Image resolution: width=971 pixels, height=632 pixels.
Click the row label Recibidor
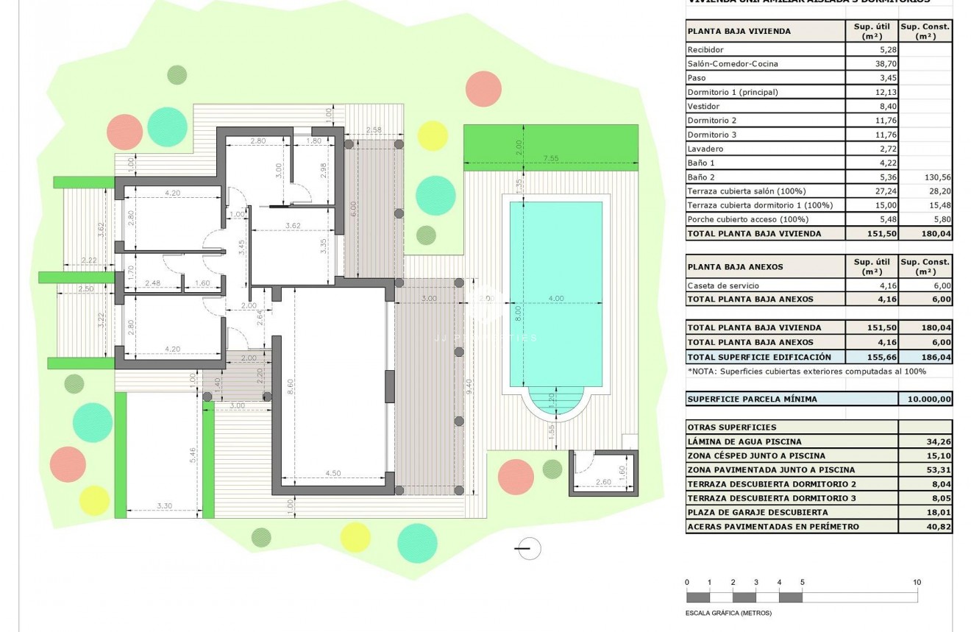[x=705, y=49]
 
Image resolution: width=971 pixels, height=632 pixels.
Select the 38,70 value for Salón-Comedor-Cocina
[x=872, y=64]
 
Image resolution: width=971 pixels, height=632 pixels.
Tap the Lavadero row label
[x=704, y=149]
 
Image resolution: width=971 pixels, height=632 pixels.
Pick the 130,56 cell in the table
[x=925, y=177]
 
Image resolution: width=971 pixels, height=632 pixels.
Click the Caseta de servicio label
[x=722, y=285]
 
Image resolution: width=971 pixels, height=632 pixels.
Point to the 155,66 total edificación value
[x=872, y=356]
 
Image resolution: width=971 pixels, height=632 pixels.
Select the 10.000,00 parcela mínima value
[x=925, y=399]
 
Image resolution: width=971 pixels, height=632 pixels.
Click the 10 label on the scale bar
[x=917, y=582]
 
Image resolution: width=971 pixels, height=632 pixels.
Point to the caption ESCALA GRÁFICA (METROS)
[x=728, y=613]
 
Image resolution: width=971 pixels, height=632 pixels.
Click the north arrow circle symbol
[x=527, y=548]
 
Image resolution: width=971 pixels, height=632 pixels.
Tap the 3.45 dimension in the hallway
[x=241, y=246]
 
